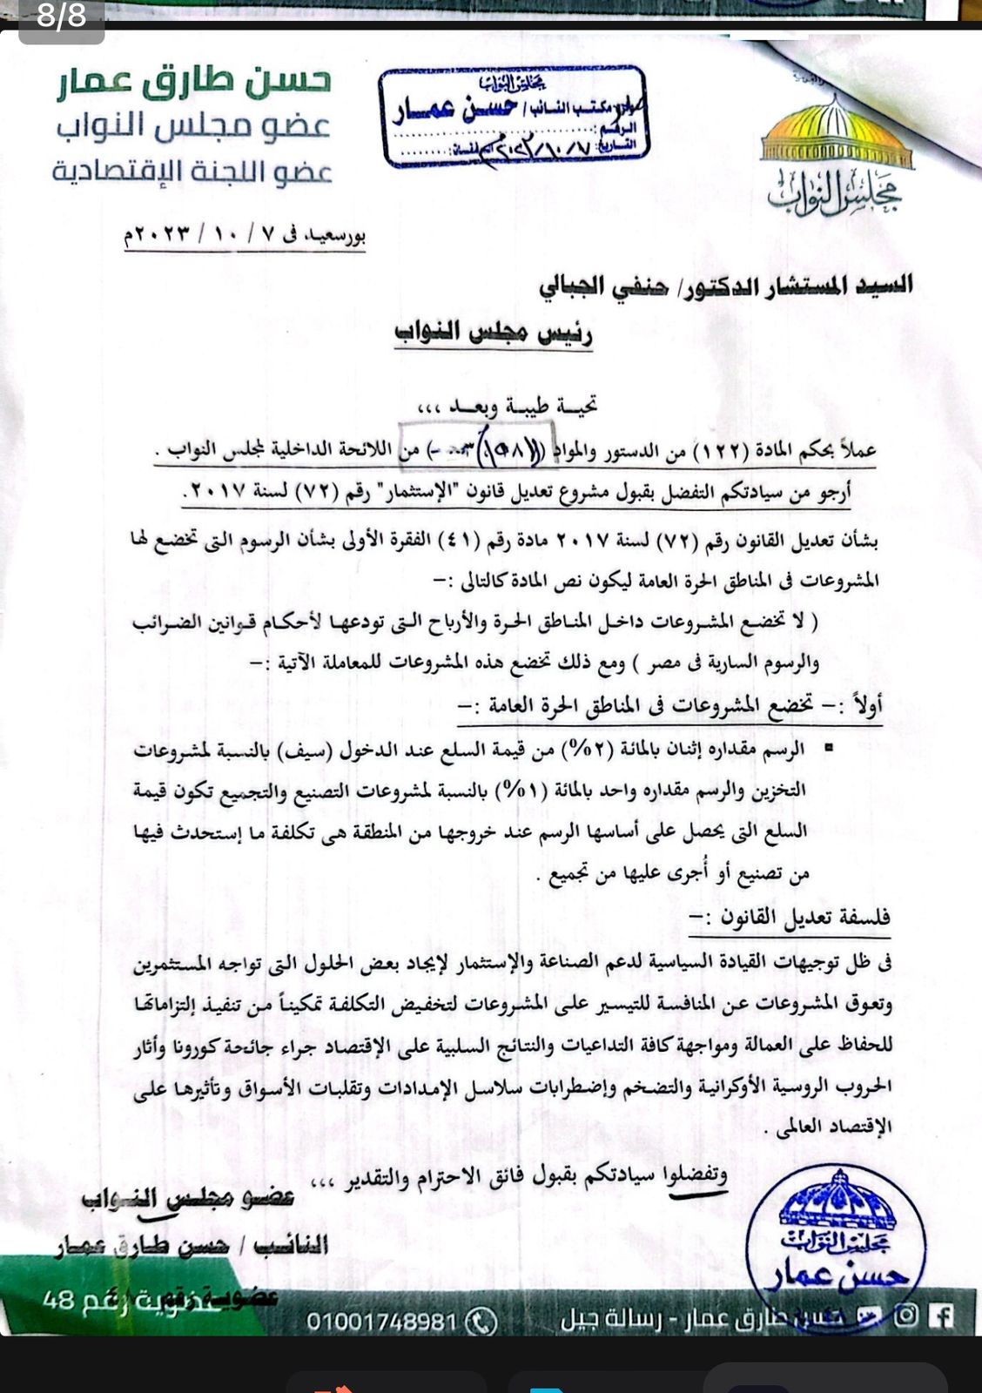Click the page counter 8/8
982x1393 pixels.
point(61,17)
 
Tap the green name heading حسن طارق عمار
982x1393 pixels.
point(194,81)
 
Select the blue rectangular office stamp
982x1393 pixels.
point(515,117)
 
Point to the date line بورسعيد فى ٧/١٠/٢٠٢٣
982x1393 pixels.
point(245,236)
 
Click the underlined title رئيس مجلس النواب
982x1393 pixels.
point(494,333)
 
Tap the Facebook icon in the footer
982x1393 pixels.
point(940,1315)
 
